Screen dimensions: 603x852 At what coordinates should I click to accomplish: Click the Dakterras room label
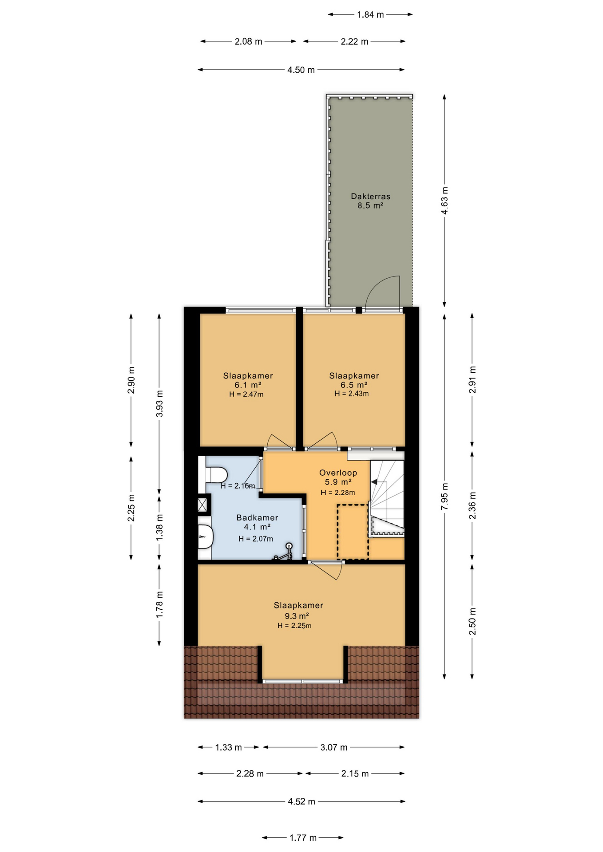[x=370, y=196]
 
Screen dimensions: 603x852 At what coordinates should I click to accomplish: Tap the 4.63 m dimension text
[x=444, y=200]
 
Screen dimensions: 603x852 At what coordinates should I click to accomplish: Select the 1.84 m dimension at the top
[x=370, y=15]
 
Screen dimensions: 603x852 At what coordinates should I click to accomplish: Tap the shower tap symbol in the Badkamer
[x=284, y=552]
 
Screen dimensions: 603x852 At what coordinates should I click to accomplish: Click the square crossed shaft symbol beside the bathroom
[x=202, y=505]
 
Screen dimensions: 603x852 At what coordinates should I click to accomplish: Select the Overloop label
[x=338, y=473]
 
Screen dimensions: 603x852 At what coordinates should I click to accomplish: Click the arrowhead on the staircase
[x=374, y=482]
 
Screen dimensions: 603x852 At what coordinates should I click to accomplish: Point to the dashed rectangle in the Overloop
[x=353, y=532]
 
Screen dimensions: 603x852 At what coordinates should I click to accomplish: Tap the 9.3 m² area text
[x=297, y=616]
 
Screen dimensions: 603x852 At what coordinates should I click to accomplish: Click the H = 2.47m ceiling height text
[x=246, y=394]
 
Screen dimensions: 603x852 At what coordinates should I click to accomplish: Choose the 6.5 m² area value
[x=354, y=385]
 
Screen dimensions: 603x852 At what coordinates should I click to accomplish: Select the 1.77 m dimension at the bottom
[x=303, y=838]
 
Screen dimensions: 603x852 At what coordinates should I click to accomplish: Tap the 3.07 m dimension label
[x=334, y=747]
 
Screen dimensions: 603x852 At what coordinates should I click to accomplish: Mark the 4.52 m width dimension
[x=301, y=801]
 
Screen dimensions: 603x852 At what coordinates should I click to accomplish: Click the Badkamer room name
[x=257, y=517]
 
